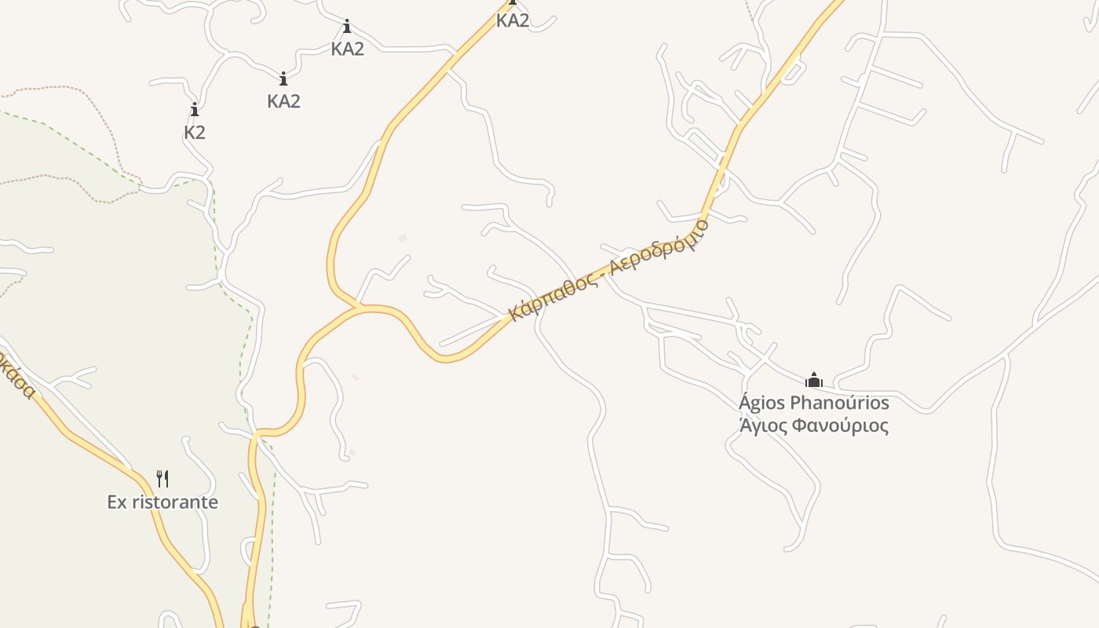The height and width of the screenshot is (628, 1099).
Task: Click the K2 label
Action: pos(195,133)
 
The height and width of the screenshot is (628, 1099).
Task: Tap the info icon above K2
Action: pos(195,110)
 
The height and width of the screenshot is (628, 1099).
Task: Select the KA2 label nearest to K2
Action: pos(283,101)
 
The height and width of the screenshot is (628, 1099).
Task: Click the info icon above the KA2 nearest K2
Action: pos(283,79)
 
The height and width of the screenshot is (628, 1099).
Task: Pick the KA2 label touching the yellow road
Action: pos(513,21)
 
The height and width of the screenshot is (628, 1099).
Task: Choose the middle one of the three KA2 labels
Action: pos(347,49)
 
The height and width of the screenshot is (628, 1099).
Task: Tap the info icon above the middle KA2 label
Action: pos(347,27)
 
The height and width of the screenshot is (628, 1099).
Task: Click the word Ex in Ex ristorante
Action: pos(117,502)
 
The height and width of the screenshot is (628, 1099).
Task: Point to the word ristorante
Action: pos(174,502)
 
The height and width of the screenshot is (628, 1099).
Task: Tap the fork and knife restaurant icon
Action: pos(162,478)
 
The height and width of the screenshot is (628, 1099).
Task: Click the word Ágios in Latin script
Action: pos(761,403)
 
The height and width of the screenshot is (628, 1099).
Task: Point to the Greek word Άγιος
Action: pos(762,426)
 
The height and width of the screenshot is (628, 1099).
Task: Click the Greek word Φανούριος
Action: pos(839,426)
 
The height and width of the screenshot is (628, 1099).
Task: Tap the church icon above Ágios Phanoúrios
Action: pos(814,382)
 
